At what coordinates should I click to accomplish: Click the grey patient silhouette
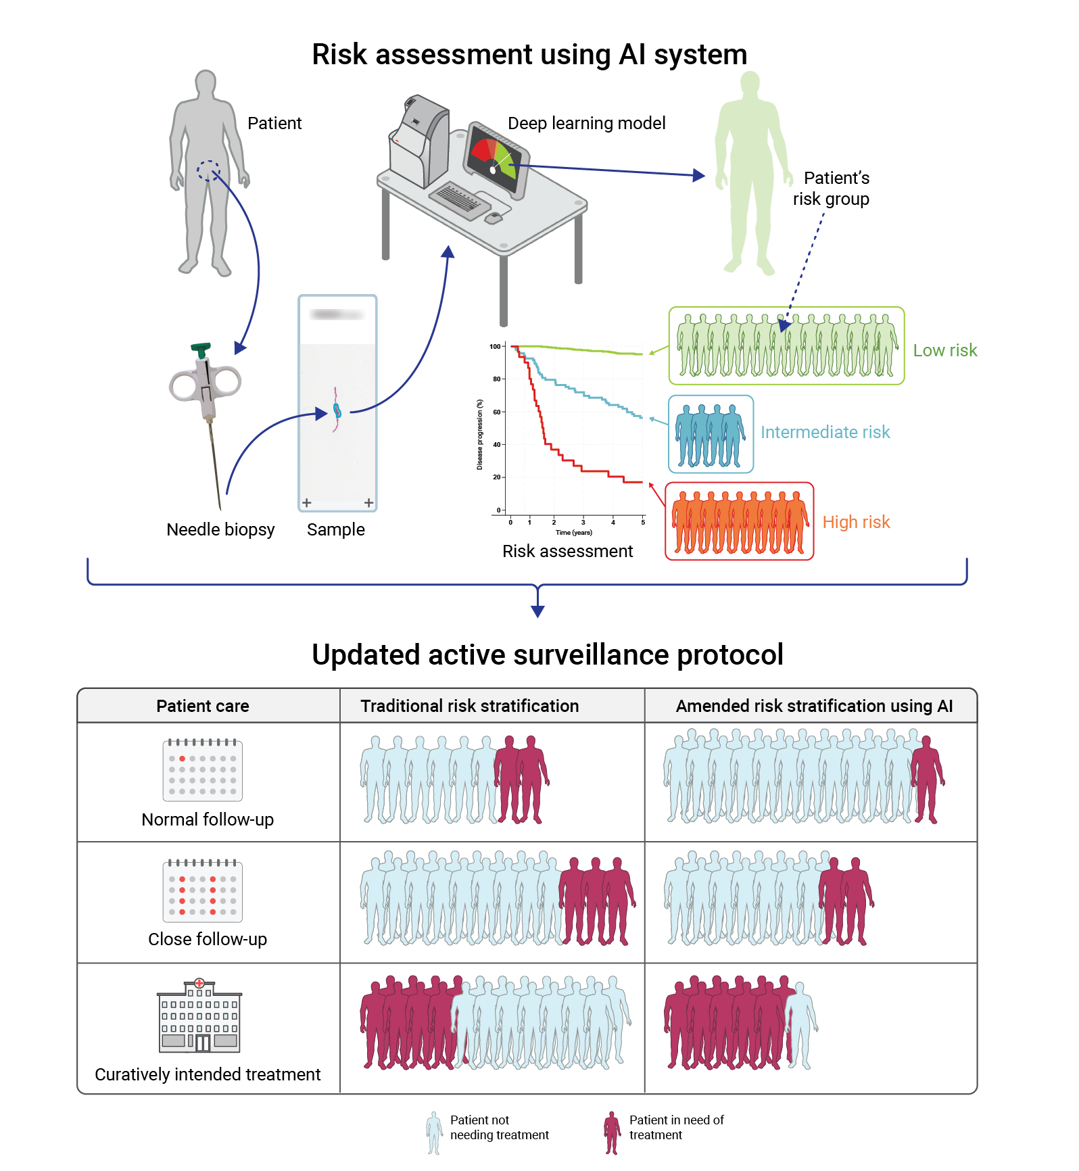pyautogui.click(x=206, y=169)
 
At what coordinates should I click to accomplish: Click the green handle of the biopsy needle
pyautogui.click(x=201, y=350)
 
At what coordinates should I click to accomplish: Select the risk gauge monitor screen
pyautogui.click(x=496, y=158)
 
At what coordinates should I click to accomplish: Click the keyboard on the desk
pyautogui.click(x=460, y=199)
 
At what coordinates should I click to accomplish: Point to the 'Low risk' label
pyautogui.click(x=944, y=350)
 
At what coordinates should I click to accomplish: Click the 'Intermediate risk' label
pyautogui.click(x=825, y=432)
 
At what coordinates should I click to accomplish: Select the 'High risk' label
pyautogui.click(x=856, y=522)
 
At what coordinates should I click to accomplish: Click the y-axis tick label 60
pyautogui.click(x=497, y=412)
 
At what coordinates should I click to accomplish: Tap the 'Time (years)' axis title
pyautogui.click(x=573, y=533)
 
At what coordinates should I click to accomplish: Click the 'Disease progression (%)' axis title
pyautogui.click(x=479, y=434)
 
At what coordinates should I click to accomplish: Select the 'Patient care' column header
pyautogui.click(x=203, y=706)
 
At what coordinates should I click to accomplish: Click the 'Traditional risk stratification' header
pyautogui.click(x=469, y=706)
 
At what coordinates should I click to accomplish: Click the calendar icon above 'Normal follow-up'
pyautogui.click(x=203, y=770)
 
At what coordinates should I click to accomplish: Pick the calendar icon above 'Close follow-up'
pyautogui.click(x=203, y=890)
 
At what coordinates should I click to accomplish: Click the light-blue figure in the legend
pyautogui.click(x=433, y=1132)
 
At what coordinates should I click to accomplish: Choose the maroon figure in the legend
pyautogui.click(x=612, y=1132)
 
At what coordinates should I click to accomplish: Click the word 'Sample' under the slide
pyautogui.click(x=335, y=529)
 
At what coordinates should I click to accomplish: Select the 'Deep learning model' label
pyautogui.click(x=586, y=123)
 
